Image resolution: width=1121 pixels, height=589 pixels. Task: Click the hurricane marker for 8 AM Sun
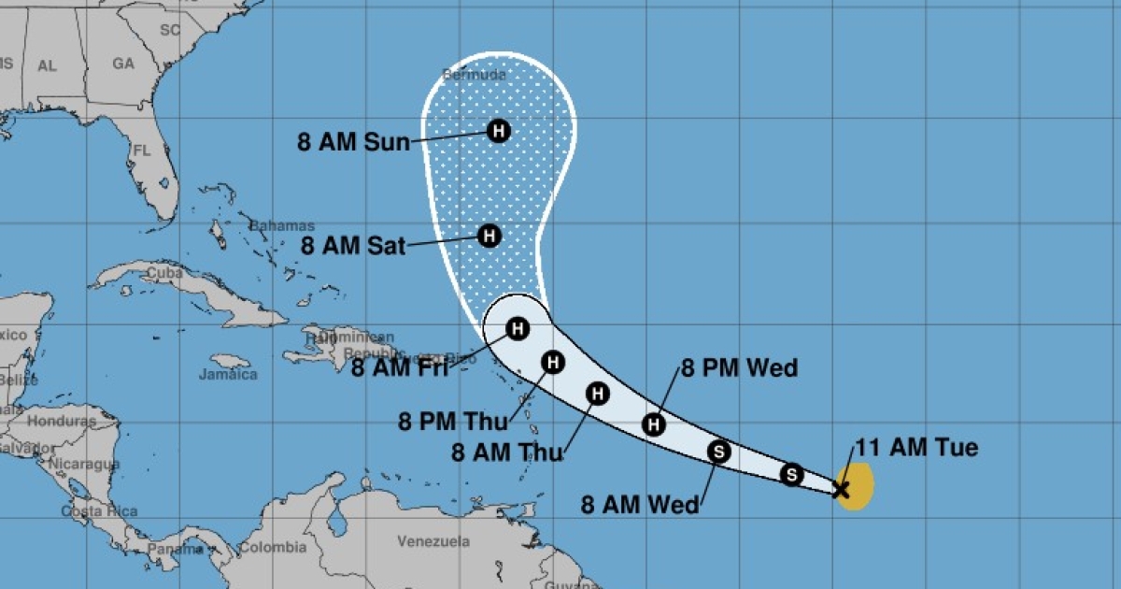[x=499, y=131]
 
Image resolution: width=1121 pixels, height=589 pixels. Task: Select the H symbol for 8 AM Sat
[x=490, y=236]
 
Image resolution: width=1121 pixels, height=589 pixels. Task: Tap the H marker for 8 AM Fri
[x=518, y=328]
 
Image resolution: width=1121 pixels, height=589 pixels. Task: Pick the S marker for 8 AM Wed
[x=718, y=453]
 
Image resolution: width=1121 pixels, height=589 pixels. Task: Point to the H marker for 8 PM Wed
[x=655, y=424]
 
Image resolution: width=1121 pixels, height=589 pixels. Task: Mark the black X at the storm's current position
[x=841, y=488]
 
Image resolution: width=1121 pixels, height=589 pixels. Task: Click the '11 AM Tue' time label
[x=917, y=448]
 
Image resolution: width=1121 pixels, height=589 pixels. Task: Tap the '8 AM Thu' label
[x=507, y=453]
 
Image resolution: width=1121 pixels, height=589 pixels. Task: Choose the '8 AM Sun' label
[x=353, y=142]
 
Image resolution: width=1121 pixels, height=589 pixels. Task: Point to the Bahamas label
[x=282, y=226]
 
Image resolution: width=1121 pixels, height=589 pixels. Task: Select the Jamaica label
[x=228, y=374]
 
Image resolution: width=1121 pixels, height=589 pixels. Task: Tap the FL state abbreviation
[x=141, y=150]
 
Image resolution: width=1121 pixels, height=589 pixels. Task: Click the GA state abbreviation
[x=123, y=64]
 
